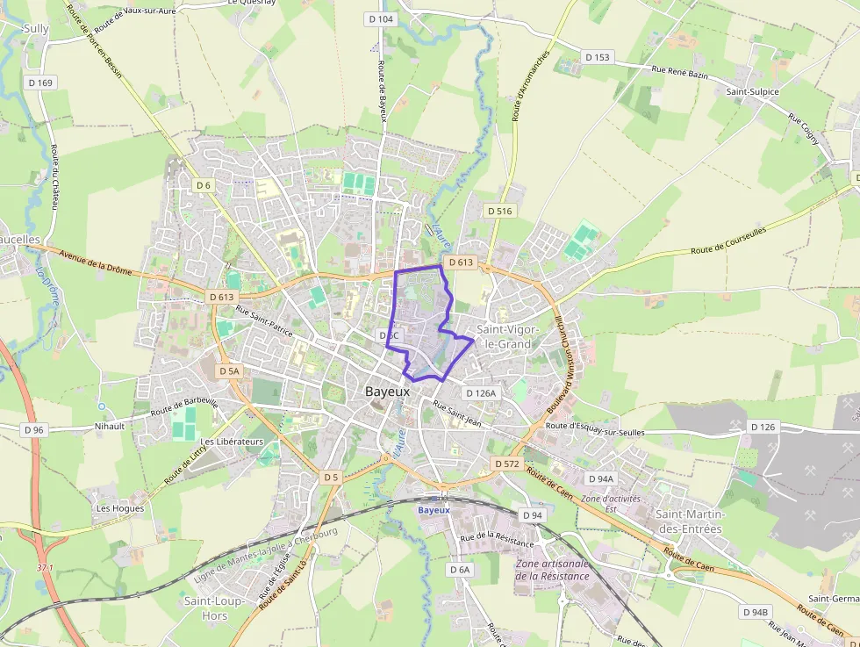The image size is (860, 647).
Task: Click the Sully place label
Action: click(x=36, y=29)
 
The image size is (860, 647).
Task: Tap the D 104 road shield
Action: click(x=380, y=18)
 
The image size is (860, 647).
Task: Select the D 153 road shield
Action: click(x=597, y=57)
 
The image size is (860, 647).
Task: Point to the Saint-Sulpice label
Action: click(x=752, y=91)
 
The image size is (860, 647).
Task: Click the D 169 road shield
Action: click(x=40, y=83)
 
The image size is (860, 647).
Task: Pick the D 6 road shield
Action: click(x=204, y=185)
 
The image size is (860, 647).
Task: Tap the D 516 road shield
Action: click(x=499, y=211)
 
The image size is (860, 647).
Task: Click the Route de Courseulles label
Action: click(x=728, y=240)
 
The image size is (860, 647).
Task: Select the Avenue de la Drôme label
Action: click(x=96, y=262)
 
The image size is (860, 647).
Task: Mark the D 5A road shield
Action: click(x=228, y=371)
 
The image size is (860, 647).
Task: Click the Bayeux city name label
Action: click(x=387, y=392)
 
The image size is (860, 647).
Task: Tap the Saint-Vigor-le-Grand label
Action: click(x=504, y=336)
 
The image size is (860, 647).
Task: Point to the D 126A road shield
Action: click(x=481, y=393)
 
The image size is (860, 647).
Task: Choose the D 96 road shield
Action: click(x=34, y=430)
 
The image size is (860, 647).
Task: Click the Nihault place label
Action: click(x=110, y=426)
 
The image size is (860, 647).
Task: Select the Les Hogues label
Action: click(x=120, y=507)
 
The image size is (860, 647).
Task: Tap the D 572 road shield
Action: click(x=507, y=463)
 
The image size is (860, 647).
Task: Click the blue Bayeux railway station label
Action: click(x=434, y=510)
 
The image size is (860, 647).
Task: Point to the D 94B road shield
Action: click(x=756, y=612)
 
